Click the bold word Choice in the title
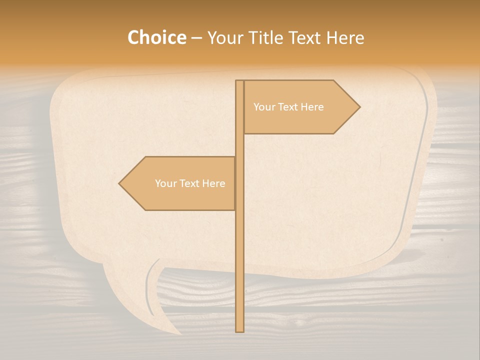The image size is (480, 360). tap(156, 37)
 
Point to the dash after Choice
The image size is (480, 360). tap(196, 38)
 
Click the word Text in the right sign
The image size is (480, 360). tap(288, 107)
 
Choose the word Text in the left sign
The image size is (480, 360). tap(190, 183)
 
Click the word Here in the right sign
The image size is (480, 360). tap(312, 107)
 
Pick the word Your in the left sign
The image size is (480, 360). tap(165, 183)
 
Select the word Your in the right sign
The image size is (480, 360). tap(264, 107)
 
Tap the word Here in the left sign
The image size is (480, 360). tap(213, 183)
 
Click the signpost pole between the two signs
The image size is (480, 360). tap(239, 145)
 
